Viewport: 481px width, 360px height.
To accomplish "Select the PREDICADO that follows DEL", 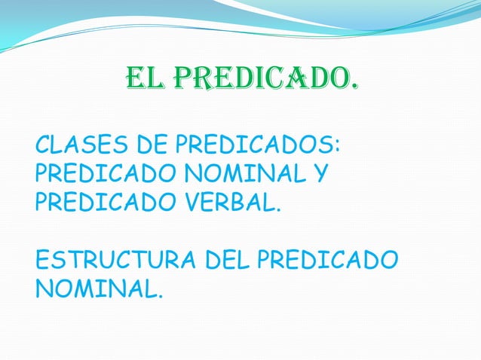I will click(326, 261).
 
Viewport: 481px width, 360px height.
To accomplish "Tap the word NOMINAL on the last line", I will click(93, 290).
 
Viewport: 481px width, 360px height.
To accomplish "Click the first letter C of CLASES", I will click(43, 144).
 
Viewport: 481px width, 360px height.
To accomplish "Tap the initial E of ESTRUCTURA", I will click(42, 261).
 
